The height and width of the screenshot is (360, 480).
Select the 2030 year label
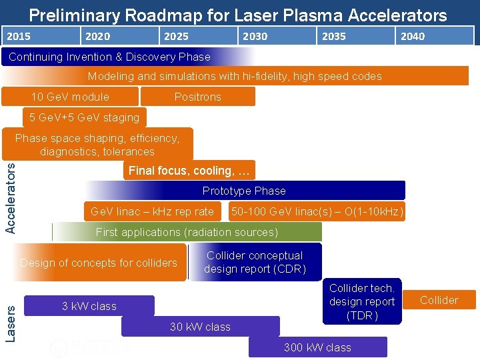255,36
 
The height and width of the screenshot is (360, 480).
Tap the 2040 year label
413,36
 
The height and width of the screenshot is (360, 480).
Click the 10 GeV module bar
70,97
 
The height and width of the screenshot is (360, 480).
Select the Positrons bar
197,97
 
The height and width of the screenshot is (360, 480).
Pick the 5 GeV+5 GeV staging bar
84,117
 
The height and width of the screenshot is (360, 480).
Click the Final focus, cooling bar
189,171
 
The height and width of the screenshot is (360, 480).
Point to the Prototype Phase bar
244,191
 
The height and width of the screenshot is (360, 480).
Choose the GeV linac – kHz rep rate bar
152,212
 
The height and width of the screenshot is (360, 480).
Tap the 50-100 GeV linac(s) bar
317,212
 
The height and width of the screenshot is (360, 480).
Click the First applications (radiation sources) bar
187,232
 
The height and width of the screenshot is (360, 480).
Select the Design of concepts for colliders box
99,263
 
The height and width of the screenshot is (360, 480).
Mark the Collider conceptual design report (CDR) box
255,262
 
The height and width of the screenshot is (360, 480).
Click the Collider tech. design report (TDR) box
362,301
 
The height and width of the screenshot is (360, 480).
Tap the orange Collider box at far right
439,300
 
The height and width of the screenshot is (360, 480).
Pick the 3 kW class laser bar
89,306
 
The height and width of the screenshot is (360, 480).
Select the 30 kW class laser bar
200,327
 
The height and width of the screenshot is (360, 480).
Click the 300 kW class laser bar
317,347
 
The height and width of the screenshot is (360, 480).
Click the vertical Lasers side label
11,319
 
